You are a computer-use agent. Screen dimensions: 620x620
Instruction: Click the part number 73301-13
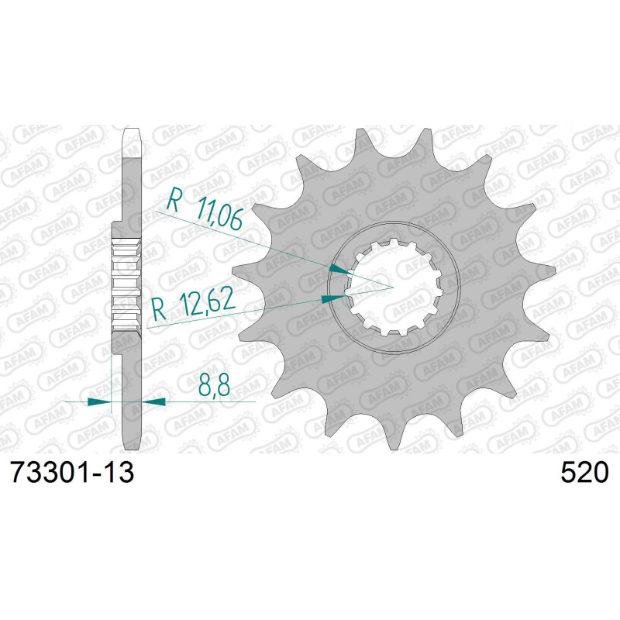click(71, 472)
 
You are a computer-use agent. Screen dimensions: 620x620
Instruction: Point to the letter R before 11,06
click(174, 203)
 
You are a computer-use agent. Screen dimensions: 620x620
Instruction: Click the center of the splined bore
click(394, 288)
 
